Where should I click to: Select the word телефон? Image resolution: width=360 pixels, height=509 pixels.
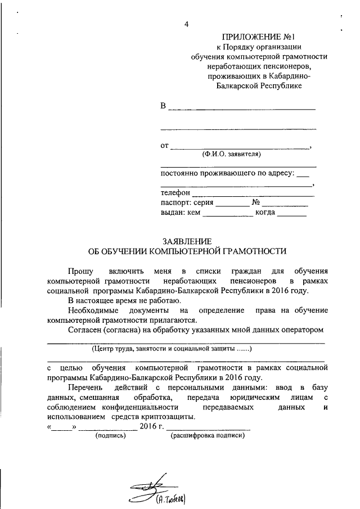tap(175, 192)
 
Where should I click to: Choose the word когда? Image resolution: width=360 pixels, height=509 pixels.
tap(265, 213)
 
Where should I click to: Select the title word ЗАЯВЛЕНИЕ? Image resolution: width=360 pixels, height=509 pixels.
tap(183, 240)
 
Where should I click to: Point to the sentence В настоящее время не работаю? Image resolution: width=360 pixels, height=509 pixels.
tap(120, 301)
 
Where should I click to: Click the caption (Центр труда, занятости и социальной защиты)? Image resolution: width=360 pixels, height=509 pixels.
tap(170, 349)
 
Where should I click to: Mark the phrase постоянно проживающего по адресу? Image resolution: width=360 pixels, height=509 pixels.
tap(227, 173)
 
